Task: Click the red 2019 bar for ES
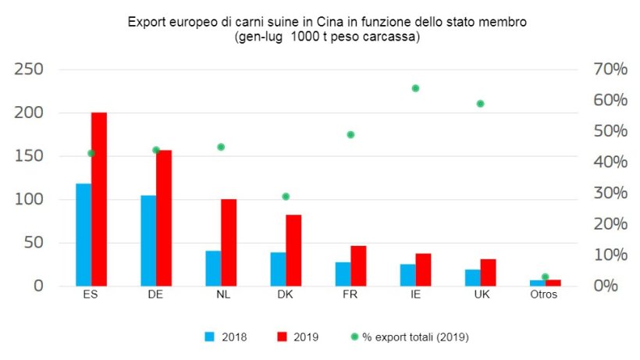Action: click(x=99, y=199)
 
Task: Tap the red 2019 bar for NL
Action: click(x=229, y=242)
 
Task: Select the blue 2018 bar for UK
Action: click(x=472, y=277)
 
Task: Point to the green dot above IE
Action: click(x=415, y=88)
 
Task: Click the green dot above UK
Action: click(x=481, y=103)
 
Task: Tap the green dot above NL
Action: click(x=221, y=147)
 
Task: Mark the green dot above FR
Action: click(x=350, y=134)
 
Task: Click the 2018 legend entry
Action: click(x=226, y=337)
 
